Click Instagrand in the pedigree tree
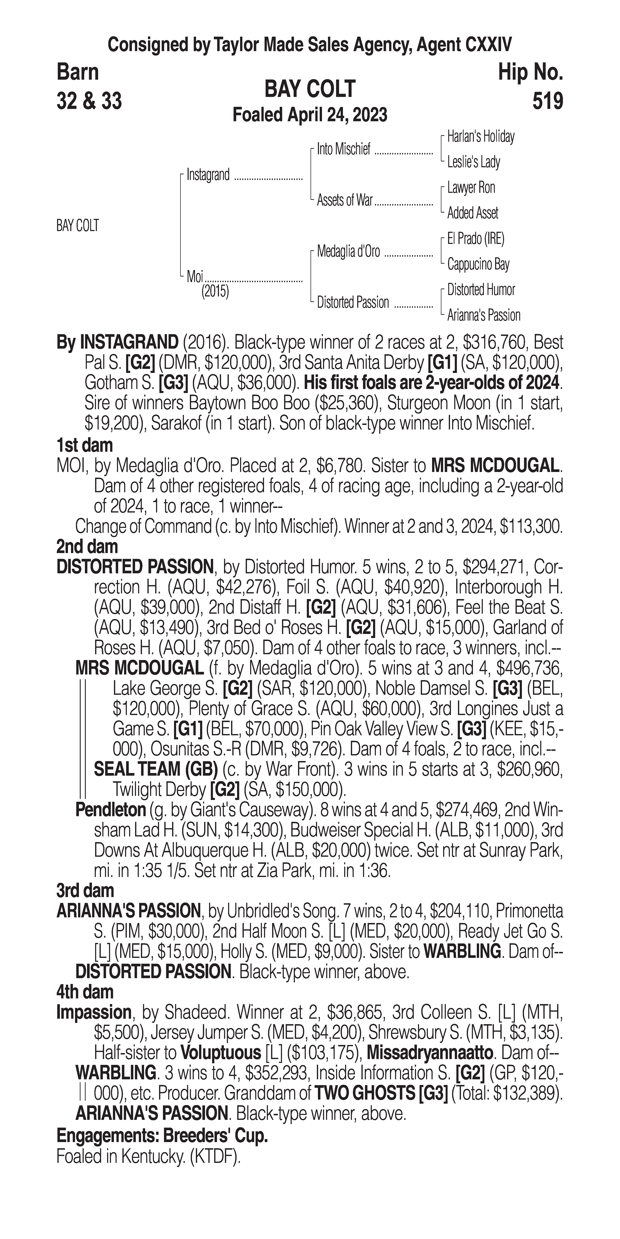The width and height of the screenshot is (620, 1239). click(x=208, y=175)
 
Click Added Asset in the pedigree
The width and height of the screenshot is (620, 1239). click(x=472, y=213)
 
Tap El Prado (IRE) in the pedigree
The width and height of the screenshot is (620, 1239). click(x=476, y=239)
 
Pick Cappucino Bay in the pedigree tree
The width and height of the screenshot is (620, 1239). click(x=478, y=264)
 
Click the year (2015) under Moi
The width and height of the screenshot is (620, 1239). click(x=215, y=292)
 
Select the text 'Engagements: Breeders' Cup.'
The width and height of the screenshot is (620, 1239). click(x=162, y=1136)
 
